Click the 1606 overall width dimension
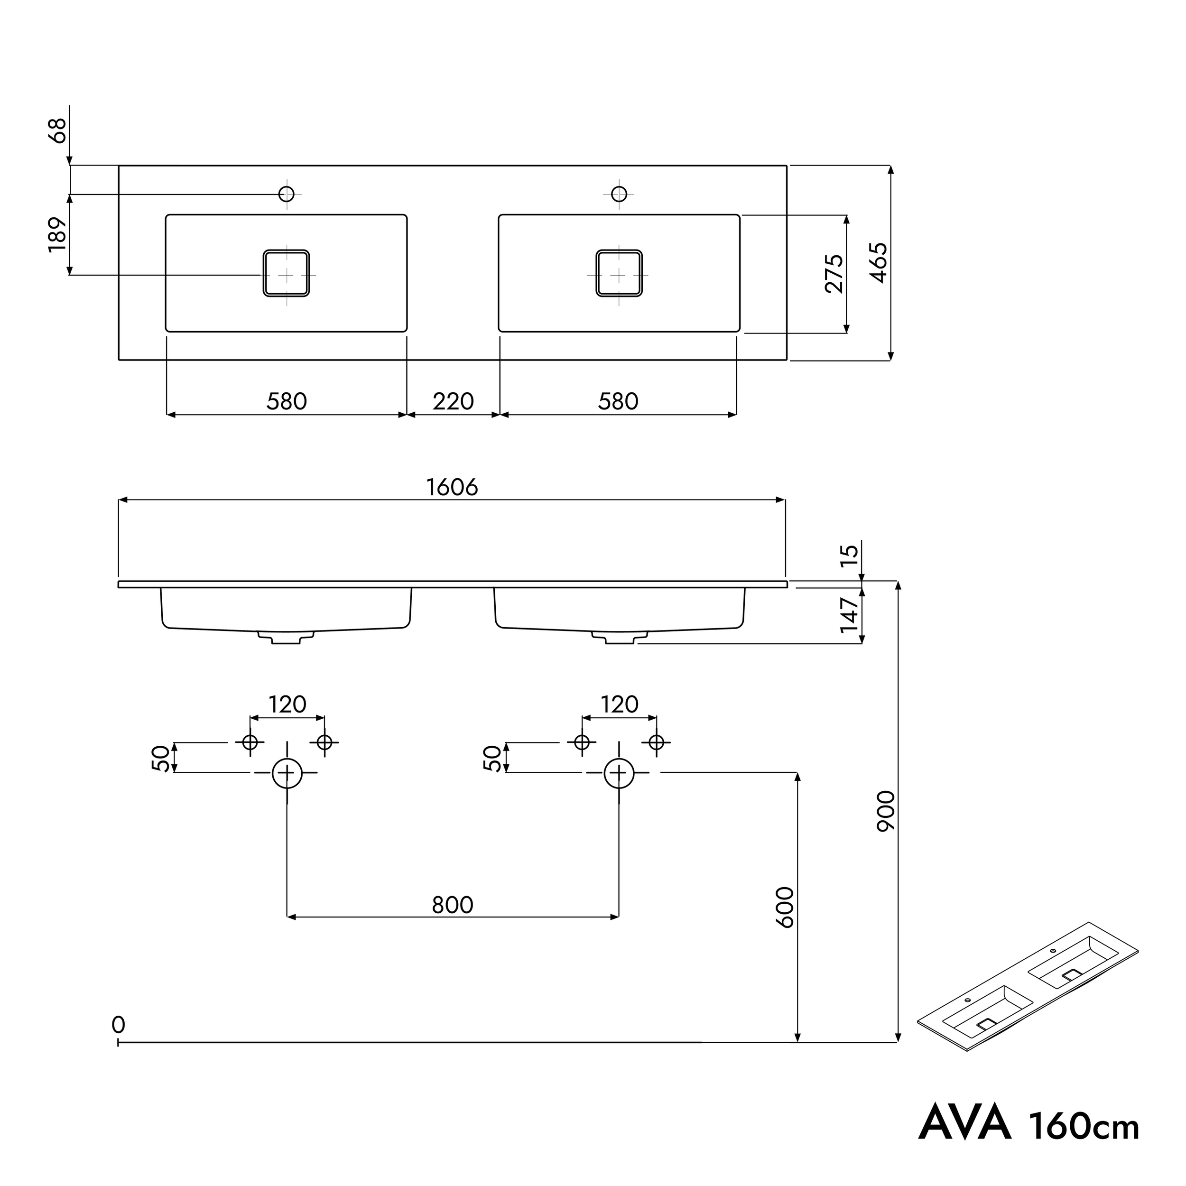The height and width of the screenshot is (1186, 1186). pos(452,487)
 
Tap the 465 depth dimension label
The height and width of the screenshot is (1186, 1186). pos(879,263)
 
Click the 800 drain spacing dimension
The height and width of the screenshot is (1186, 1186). pos(453,905)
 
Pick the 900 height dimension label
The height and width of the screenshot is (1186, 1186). pos(886,811)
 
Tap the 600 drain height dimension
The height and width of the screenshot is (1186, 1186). pos(785,908)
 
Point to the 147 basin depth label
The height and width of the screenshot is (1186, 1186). pos(849,615)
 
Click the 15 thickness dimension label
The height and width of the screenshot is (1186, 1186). pos(849,556)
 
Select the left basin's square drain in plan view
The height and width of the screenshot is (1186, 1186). pos(286,274)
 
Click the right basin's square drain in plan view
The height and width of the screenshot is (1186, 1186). pos(619,274)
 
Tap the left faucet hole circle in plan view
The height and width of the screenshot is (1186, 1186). pos(287,194)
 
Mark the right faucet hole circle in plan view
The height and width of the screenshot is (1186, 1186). pos(619,194)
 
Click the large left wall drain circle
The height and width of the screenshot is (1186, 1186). pos(287,773)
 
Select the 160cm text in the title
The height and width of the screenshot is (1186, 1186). pos(1084,1125)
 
